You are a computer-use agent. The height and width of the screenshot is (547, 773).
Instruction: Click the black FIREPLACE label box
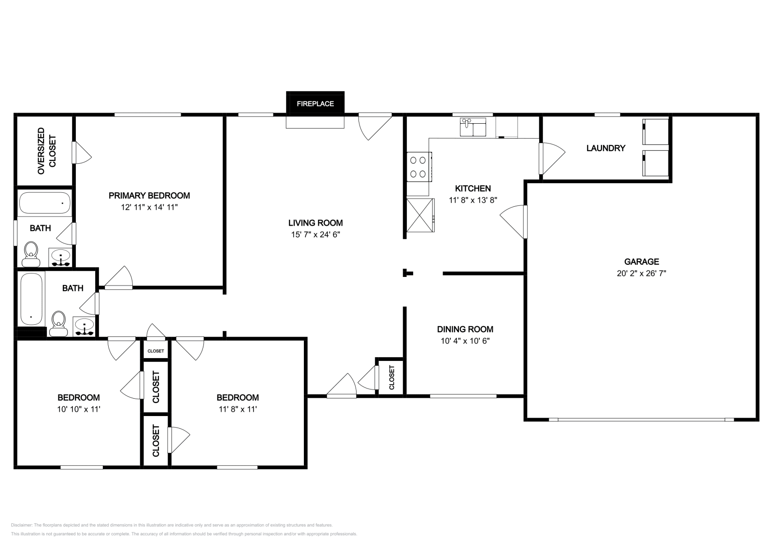pos(315,104)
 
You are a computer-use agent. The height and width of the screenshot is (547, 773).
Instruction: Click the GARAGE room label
pos(641,261)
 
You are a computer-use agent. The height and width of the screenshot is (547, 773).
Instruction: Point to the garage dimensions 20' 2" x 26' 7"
pos(641,273)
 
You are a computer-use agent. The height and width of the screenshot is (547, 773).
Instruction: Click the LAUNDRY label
pos(605,148)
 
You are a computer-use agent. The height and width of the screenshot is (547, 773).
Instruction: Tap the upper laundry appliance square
pos(655,131)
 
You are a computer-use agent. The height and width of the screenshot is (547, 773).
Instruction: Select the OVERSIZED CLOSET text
pos(47,151)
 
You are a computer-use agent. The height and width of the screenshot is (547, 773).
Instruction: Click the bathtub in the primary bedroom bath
pos(44,202)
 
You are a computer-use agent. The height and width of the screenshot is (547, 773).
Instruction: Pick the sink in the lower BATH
pos(84,327)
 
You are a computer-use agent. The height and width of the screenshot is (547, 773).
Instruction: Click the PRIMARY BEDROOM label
pos(149,196)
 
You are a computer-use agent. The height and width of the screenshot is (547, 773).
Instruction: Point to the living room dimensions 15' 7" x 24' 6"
pos(315,235)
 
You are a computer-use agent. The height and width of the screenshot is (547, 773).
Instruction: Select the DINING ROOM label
pos(465,329)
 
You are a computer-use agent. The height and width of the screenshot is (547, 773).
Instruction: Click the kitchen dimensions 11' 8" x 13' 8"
pos(472,200)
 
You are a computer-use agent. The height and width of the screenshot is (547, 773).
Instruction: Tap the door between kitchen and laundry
pos(551,158)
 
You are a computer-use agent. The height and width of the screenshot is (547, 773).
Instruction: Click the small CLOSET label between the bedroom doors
pos(156,351)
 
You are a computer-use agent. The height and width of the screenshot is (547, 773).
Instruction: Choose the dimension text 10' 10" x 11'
pos(78,409)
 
